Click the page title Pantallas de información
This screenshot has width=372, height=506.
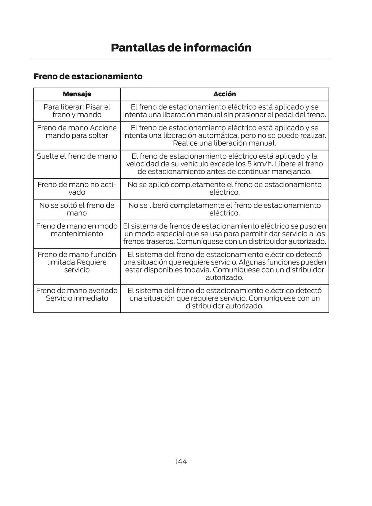coord(181,48)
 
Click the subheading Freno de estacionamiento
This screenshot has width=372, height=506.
coord(88,76)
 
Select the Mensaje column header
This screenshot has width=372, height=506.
coord(77,94)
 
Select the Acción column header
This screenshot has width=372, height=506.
coord(224,94)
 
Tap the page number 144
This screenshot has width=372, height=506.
coord(181,461)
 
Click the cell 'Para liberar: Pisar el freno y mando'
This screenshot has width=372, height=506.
coord(77,111)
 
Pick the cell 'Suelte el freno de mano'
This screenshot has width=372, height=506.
coord(77,156)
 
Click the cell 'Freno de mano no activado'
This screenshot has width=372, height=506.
coord(77,188)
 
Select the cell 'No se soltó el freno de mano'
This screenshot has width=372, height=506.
coord(77,209)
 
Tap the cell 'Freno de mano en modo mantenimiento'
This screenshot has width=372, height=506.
coord(77,230)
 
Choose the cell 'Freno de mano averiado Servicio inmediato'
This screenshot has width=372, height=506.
coord(77,294)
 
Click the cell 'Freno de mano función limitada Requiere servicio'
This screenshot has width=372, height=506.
coord(77,262)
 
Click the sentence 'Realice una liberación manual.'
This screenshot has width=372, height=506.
coord(224,143)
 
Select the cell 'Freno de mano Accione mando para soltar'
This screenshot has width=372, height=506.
coord(77,132)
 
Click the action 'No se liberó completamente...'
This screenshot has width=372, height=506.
coord(224,209)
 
